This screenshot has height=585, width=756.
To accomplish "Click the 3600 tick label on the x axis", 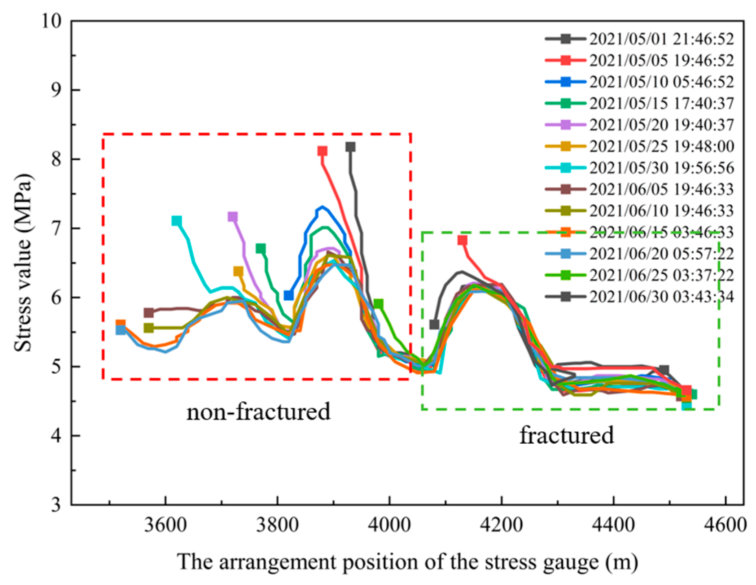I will click(x=165, y=525).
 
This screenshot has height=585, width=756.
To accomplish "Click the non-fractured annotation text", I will click(x=258, y=412).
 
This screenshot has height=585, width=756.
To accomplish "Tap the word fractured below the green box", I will click(x=566, y=435).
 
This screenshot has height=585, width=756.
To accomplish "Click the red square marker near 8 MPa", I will click(x=322, y=151).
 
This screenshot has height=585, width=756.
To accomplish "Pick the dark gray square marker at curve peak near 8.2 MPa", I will click(x=351, y=147).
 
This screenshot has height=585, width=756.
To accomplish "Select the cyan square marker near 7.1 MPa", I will click(x=176, y=221).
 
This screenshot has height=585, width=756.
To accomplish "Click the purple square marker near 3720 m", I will click(x=232, y=217).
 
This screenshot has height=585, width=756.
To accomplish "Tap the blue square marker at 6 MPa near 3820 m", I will click(x=289, y=295).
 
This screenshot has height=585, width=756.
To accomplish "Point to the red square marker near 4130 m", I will click(x=462, y=240).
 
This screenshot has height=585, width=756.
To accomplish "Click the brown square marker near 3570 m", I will click(x=149, y=313).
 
